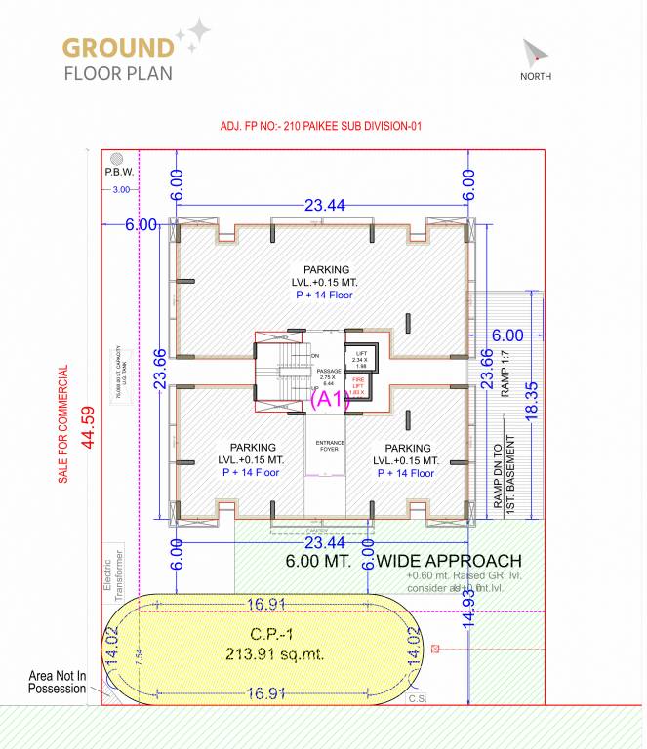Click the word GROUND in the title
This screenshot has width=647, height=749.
118,47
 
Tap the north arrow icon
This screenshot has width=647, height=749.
534,54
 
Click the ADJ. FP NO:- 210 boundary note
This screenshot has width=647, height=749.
321,126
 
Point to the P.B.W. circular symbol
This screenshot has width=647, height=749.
116,159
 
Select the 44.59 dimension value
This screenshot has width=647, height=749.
87,425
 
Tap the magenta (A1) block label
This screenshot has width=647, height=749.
330,399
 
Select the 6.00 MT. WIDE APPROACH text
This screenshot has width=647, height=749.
403,562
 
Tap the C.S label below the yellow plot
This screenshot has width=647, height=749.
417,698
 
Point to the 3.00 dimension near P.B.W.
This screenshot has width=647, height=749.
121,189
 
